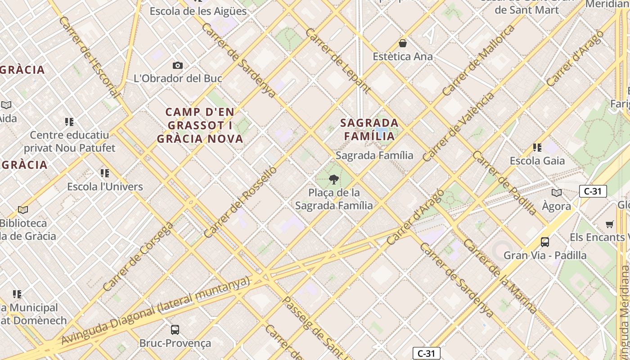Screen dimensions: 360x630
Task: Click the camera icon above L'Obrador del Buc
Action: click(178, 66)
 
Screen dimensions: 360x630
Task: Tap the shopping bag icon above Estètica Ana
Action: click(403, 44)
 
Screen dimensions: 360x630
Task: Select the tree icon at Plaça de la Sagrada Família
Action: click(334, 180)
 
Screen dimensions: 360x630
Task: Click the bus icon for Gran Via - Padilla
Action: click(545, 242)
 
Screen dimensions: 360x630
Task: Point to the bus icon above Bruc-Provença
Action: click(175, 330)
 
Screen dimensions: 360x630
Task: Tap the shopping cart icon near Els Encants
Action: click(609, 224)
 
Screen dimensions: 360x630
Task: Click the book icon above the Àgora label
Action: click(557, 193)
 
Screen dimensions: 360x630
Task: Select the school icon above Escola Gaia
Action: click(537, 148)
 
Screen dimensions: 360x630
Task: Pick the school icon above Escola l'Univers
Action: click(105, 173)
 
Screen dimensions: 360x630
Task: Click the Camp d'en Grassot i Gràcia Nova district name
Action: click(200, 126)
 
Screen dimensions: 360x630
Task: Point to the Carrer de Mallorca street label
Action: click(478, 60)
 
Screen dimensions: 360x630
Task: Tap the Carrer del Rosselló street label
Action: click(240, 202)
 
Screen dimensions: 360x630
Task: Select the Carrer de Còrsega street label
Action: click(138, 256)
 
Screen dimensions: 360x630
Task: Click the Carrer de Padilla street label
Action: click(504, 183)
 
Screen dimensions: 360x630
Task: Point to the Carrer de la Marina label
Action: click(500, 276)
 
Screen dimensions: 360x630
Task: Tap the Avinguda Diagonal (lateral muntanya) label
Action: click(155, 311)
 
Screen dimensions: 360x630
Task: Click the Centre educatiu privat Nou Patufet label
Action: click(69, 141)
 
